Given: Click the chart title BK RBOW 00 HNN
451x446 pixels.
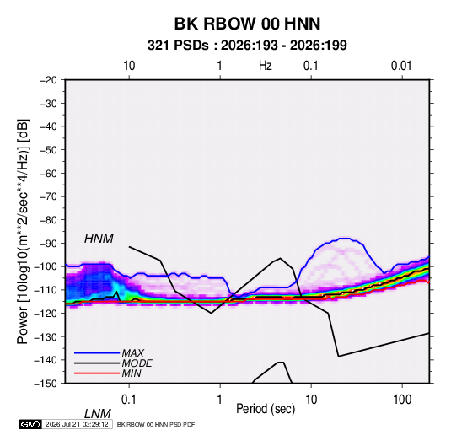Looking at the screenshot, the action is pos(247,24).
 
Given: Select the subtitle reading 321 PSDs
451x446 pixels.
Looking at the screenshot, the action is pos(178,46).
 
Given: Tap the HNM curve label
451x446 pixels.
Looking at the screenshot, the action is pos(99,239).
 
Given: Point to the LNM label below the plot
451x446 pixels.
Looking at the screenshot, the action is pos(97,414).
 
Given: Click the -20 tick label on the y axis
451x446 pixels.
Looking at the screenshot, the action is pos(48,80).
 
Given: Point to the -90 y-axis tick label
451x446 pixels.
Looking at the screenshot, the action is pos(48,244).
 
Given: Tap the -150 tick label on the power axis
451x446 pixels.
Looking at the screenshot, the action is pos(46,384).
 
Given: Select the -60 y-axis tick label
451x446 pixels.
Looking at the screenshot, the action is pos(48,173).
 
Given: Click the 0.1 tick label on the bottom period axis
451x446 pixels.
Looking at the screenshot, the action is pos(129,400).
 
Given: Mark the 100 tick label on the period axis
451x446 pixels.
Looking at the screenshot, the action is pos(402,400).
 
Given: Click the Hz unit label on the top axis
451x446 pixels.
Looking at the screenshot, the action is pos(266,66).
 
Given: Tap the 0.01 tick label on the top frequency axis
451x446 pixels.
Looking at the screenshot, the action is pos(401,66).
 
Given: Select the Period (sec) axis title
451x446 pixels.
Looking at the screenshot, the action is pos(266,409).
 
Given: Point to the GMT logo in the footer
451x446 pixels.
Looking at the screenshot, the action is pos(31,424).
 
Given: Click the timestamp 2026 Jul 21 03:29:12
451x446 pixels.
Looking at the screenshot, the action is pos(77,424).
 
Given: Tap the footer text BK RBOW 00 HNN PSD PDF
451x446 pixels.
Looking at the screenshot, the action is pos(156,424).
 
